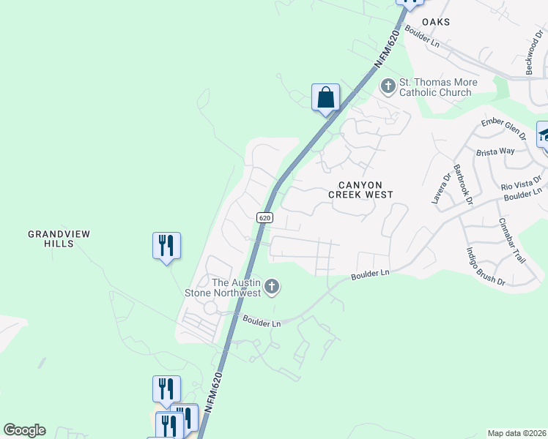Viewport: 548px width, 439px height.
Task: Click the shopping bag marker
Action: tap(325, 98)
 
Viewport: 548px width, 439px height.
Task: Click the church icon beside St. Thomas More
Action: tap(388, 87)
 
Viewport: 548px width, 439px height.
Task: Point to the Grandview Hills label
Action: tap(59, 239)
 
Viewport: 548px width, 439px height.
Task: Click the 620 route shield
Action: tap(265, 218)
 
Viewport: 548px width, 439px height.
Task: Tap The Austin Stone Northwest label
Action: tap(236, 288)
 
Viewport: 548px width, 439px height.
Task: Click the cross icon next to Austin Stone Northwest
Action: tap(272, 287)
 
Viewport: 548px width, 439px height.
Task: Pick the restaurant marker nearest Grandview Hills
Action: tap(166, 246)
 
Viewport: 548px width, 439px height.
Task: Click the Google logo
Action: tap(24, 430)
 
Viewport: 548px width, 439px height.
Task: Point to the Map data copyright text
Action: tap(516, 433)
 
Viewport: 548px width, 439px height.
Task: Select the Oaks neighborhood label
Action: tap(435, 23)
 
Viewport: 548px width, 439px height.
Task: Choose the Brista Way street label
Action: tap(495, 151)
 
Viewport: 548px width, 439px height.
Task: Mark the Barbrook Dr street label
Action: tap(464, 184)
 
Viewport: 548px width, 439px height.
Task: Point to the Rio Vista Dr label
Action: tap(521, 183)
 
